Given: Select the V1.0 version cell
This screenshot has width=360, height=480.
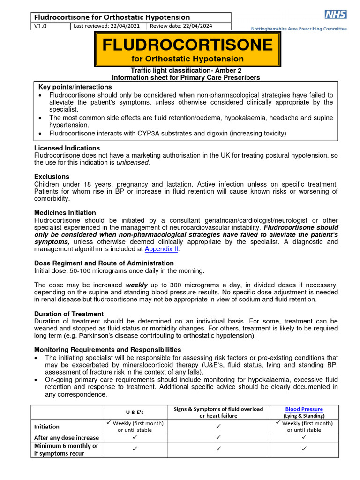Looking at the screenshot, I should tap(41, 26).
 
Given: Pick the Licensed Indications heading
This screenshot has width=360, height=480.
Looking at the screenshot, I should tap(67, 148).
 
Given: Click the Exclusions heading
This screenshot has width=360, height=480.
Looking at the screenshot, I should tap(52, 177).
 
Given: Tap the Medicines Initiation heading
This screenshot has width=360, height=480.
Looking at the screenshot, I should tap(65, 213).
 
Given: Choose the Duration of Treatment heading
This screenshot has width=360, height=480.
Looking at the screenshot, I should tap(69, 314).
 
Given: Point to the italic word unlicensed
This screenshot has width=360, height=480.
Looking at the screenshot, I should tap(133, 163).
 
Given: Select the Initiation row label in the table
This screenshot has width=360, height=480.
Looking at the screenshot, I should tap(46, 427).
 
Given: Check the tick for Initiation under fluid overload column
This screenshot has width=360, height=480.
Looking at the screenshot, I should tap(218, 427).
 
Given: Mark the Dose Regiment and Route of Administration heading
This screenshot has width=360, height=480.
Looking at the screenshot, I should tap(104, 263).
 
